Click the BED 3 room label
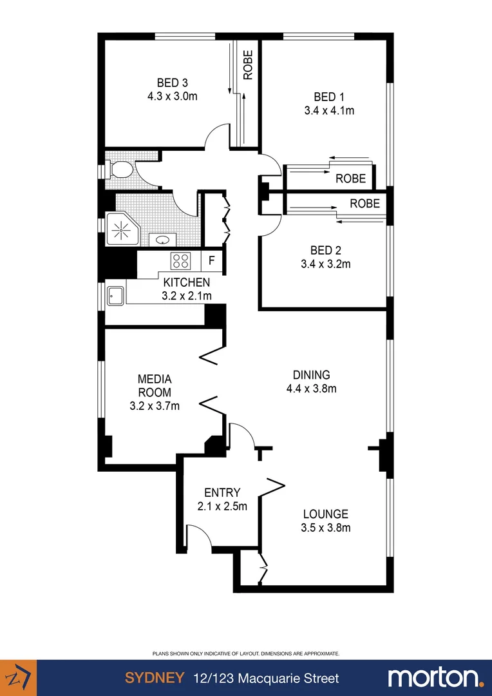pos(172,82)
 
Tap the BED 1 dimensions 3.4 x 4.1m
pos(329,110)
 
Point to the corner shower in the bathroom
pos(120,229)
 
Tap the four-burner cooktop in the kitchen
pos(180,261)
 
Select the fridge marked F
pos(212,261)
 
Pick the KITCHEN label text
pos(186,282)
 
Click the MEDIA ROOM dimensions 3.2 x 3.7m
pos(155,406)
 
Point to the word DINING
pos(311,374)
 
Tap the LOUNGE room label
pos(326,514)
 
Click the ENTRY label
pos(222,492)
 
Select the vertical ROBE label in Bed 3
pos(248,64)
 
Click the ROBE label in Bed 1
pos(350,179)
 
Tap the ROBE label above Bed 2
pos(364,204)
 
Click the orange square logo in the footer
pos(18,678)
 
